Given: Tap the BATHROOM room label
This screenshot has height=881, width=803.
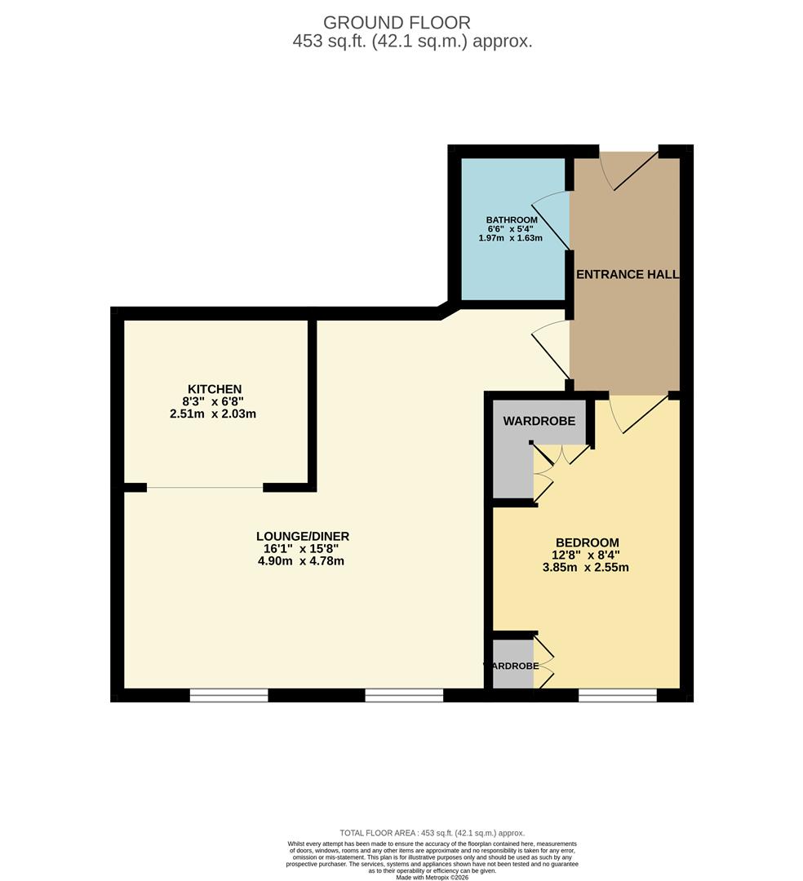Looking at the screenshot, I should coord(512,220).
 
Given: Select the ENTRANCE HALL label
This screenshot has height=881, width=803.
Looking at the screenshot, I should coord(628,275).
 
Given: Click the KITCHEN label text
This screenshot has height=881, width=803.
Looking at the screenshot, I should coord(215,389).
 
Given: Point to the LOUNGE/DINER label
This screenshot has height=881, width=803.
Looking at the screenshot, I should coord(302,536).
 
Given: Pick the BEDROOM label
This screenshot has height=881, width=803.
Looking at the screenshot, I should coord(587,542).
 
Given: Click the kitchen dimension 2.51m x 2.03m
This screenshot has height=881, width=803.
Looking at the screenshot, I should coord(215,414).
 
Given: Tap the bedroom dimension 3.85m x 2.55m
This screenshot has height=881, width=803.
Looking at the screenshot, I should coord(587,567).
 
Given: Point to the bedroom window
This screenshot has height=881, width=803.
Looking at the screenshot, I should coord(617,695).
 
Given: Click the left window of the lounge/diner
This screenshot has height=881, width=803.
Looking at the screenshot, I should coord(228,695).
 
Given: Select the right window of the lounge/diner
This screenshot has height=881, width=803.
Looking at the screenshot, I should coord(404,695).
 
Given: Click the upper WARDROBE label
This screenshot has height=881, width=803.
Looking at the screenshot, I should coord(539,422).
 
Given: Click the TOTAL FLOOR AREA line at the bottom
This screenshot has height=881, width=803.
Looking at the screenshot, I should coord(432,833).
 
